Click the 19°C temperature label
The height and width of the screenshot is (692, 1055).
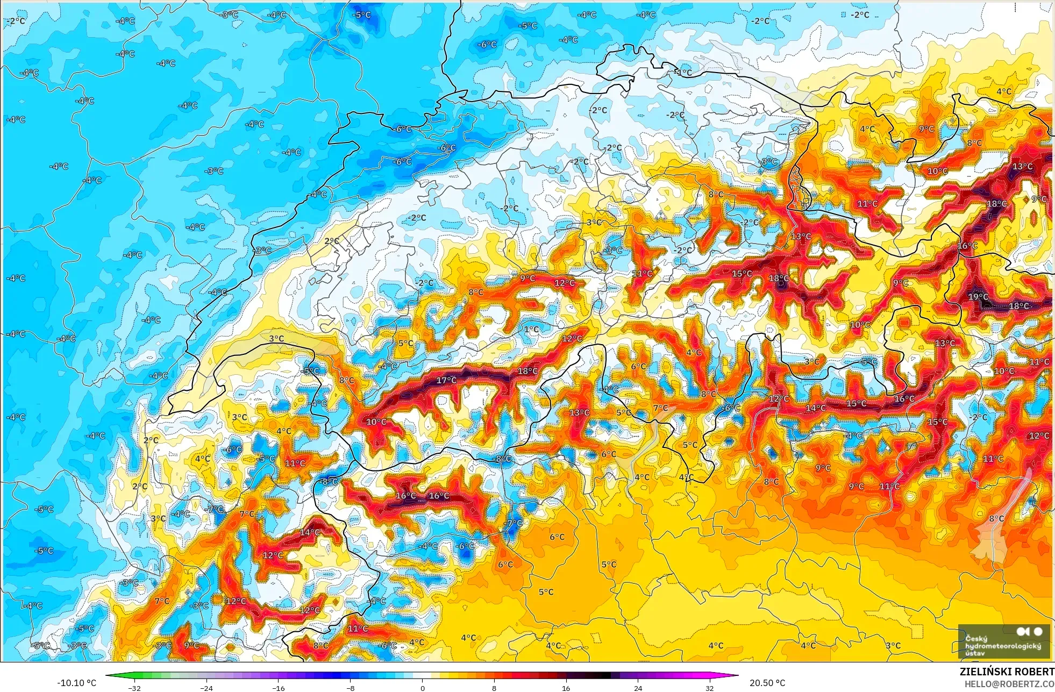(978, 297)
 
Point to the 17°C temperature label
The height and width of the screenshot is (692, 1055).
(446, 381)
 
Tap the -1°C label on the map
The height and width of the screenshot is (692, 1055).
(683, 73)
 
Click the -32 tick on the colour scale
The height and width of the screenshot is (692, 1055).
(134, 688)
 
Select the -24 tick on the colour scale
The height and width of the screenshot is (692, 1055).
(206, 688)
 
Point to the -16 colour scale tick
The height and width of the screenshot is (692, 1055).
(279, 688)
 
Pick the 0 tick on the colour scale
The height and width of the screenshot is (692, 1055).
(423, 688)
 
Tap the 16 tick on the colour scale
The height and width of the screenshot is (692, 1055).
(566, 688)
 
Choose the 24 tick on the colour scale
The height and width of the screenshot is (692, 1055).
(638, 688)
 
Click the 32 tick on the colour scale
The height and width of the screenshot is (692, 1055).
(710, 688)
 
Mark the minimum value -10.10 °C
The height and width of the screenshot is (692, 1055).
(76, 683)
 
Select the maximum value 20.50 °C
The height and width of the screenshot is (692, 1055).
(767, 683)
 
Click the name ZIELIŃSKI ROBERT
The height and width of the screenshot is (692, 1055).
(1007, 672)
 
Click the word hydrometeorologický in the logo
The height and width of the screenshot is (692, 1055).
(1003, 646)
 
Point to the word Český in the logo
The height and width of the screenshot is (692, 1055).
(976, 638)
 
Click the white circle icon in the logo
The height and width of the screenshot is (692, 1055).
(1038, 632)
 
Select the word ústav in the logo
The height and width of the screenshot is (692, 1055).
(975, 653)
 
